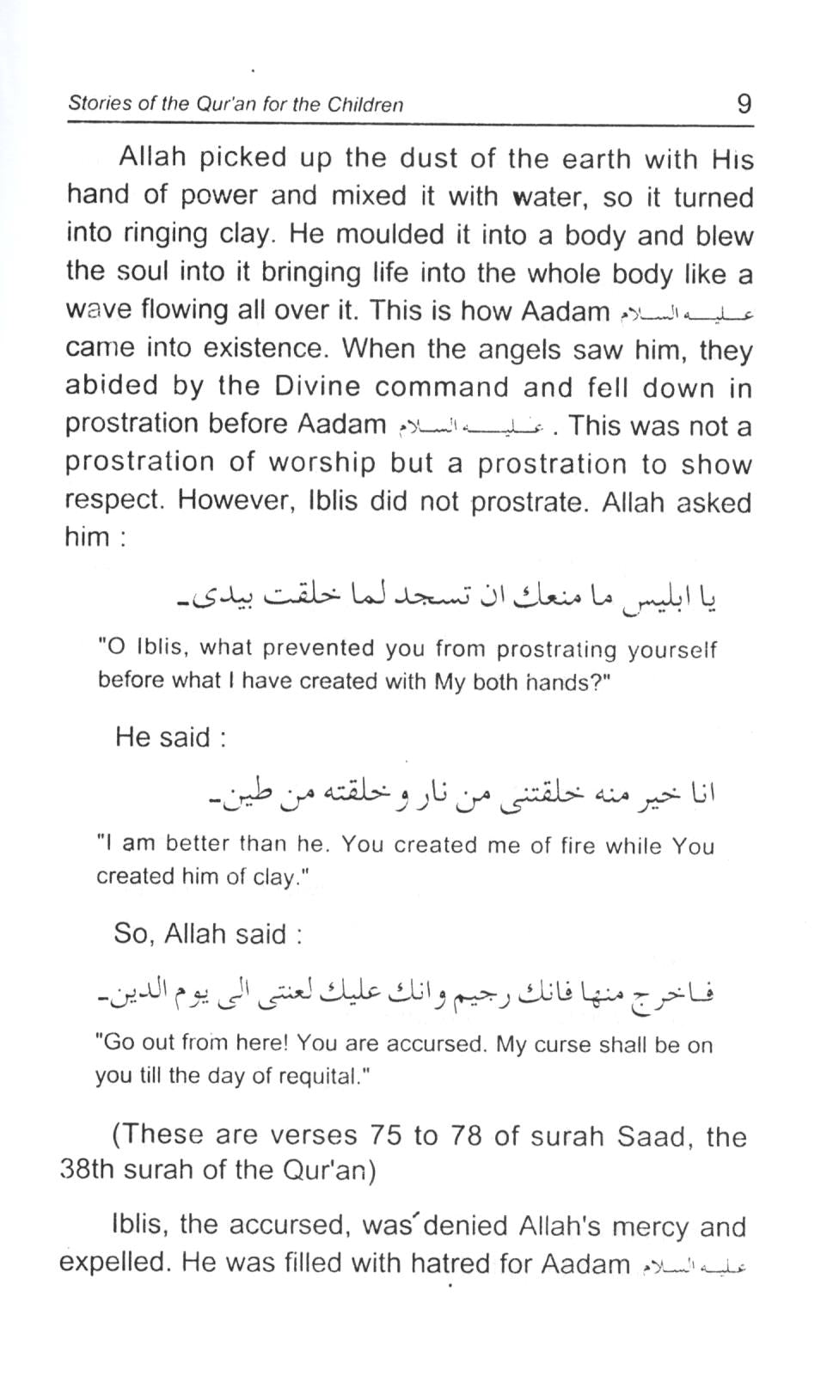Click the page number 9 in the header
[x=744, y=104]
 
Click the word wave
[x=97, y=309]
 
